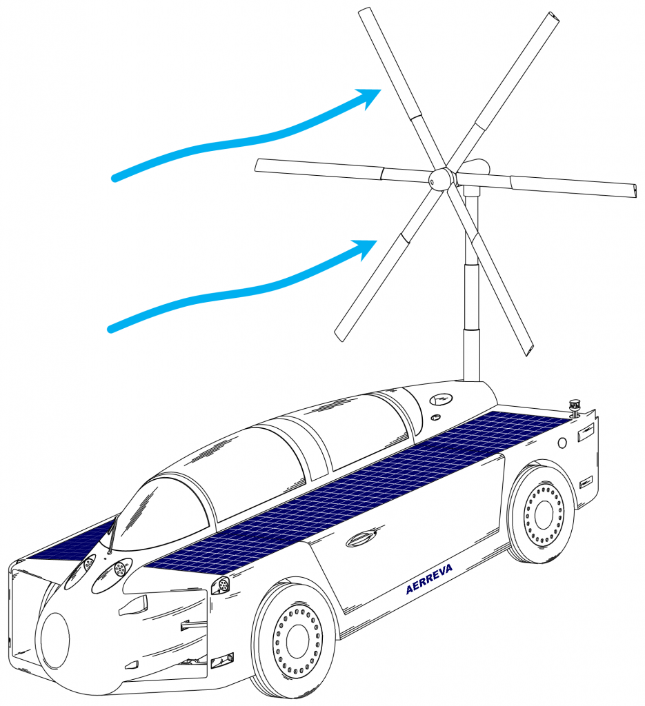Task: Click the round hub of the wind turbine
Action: tap(439, 180)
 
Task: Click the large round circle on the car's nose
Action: tap(55, 640)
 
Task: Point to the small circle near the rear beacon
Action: tap(562, 441)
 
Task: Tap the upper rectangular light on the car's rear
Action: tap(585, 433)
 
